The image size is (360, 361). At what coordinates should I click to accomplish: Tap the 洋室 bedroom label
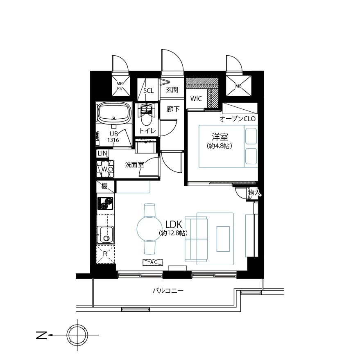tap(220, 137)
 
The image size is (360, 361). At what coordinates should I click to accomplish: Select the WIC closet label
tap(196, 99)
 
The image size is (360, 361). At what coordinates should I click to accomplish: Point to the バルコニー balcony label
tap(168, 291)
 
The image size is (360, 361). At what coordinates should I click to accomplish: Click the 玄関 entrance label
tap(172, 90)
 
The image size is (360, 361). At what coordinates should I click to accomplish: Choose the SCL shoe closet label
tap(149, 90)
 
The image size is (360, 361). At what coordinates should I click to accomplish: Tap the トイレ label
tap(147, 131)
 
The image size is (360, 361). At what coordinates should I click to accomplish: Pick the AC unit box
tap(153, 262)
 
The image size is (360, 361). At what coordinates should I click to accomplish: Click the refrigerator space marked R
tap(105, 254)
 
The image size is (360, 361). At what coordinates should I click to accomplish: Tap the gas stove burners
tap(105, 203)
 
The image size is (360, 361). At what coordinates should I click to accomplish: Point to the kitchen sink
tap(105, 235)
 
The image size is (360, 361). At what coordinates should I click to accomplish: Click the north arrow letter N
tap(41, 336)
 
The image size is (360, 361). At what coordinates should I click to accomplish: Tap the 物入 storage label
tap(254, 193)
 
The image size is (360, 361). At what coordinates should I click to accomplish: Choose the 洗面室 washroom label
tap(134, 165)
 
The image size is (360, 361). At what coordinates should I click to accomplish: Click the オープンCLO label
tap(238, 119)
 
